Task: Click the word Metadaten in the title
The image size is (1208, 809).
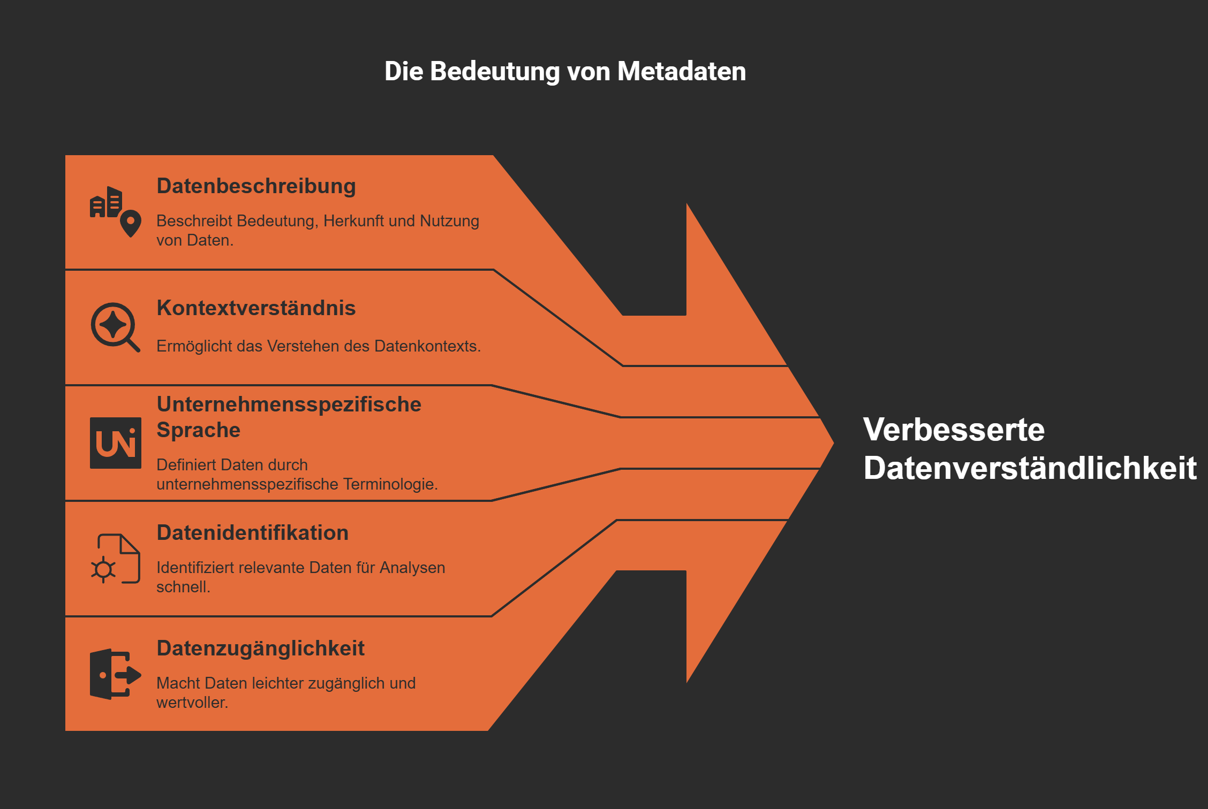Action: pyautogui.click(x=681, y=71)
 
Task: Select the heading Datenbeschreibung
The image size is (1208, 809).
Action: pyautogui.click(x=256, y=186)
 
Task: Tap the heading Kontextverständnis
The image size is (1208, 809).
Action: pyautogui.click(x=256, y=308)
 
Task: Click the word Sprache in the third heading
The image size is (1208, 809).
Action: pyautogui.click(x=198, y=430)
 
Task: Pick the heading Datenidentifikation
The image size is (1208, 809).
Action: pyautogui.click(x=252, y=533)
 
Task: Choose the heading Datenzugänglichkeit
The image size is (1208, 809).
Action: pyautogui.click(x=260, y=648)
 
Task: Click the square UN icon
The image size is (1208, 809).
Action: pyautogui.click(x=116, y=443)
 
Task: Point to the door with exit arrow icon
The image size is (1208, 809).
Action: pyautogui.click(x=115, y=674)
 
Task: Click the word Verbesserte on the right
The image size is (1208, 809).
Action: pyautogui.click(x=954, y=430)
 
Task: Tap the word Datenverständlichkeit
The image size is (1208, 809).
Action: pyautogui.click(x=1030, y=468)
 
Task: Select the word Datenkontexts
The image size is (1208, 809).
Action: pyautogui.click(x=427, y=346)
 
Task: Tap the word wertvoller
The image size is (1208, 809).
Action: pyautogui.click(x=192, y=703)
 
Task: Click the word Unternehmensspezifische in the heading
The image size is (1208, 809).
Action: pyautogui.click(x=289, y=404)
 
